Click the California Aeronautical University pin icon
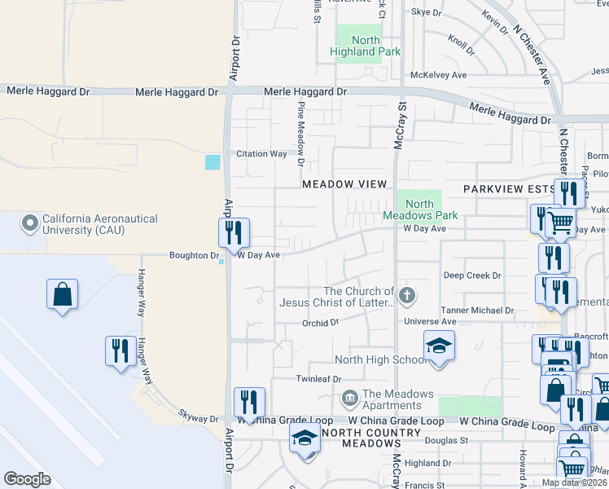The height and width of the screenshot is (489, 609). [31, 222]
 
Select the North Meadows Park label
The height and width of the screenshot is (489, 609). [420, 209]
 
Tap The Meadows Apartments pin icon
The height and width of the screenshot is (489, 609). [349, 399]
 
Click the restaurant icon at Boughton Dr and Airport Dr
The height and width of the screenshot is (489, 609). [234, 232]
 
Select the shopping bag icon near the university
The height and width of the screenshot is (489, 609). [63, 295]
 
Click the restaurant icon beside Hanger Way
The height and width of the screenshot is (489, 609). [120, 350]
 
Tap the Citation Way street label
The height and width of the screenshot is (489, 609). [261, 153]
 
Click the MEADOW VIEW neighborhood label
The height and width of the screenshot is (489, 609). [344, 184]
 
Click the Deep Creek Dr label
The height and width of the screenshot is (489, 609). [472, 275]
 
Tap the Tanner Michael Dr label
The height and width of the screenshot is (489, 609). [477, 311]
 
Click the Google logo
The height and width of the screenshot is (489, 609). [28, 479]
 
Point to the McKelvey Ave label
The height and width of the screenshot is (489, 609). [438, 75]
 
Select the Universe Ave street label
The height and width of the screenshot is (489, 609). [432, 322]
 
